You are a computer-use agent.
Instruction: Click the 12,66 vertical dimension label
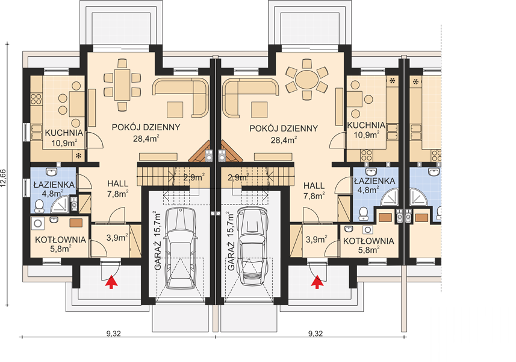(4, 179)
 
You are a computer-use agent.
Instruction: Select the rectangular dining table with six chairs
(122, 84)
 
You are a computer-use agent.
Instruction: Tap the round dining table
(306, 80)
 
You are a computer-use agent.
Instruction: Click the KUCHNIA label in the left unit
(64, 133)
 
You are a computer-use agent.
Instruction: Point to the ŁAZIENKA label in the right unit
(375, 181)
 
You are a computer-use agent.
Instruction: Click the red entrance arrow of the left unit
(111, 282)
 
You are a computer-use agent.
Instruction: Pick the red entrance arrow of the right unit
(317, 282)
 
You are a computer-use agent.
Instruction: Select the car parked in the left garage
(181, 248)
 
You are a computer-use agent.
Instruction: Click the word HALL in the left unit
(117, 183)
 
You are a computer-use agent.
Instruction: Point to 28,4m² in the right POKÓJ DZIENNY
(284, 140)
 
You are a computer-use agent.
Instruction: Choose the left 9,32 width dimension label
(114, 334)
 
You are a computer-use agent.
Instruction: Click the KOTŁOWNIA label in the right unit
(368, 241)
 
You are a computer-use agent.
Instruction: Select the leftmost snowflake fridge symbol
(79, 156)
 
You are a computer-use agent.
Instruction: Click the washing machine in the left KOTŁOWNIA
(37, 224)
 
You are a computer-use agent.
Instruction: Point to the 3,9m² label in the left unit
(117, 238)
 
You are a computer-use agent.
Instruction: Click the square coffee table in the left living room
(175, 110)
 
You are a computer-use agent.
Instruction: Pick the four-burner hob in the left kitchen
(36, 99)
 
